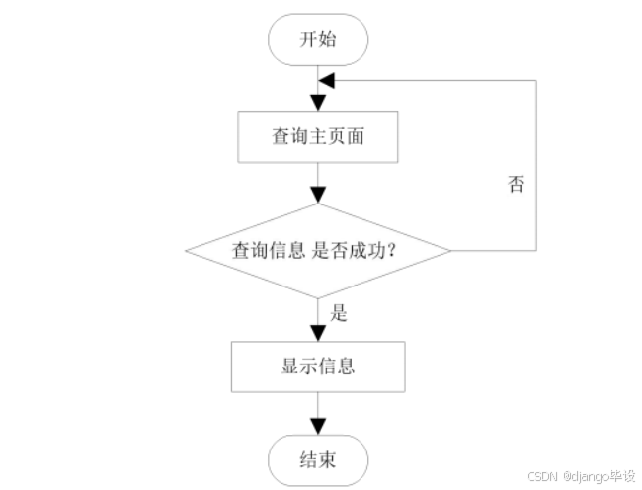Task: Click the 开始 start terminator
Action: click(318, 41)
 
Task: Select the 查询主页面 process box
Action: click(318, 136)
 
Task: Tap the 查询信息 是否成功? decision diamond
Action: click(318, 250)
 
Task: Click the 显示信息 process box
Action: click(318, 367)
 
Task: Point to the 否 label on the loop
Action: click(516, 185)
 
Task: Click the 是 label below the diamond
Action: click(339, 315)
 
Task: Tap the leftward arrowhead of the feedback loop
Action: click(327, 80)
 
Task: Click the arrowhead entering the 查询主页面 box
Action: click(318, 103)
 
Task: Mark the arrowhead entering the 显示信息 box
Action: click(318, 333)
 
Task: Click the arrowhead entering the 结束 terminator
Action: click(318, 428)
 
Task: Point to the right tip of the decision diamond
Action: click(451, 250)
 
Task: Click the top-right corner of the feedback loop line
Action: click(536, 80)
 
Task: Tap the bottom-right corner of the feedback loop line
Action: click(536, 250)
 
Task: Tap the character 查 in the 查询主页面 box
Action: click(281, 136)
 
